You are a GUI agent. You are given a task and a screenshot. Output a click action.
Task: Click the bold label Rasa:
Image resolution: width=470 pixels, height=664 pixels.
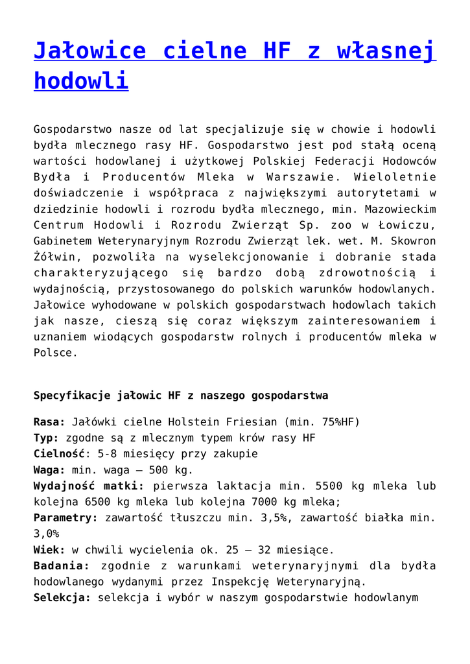(x=49, y=421)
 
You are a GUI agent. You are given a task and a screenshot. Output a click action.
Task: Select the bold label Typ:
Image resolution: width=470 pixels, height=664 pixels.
(x=46, y=438)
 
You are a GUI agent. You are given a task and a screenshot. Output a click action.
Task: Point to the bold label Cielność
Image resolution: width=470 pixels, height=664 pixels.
(x=59, y=454)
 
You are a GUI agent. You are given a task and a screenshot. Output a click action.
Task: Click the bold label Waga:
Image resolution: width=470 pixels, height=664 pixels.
(x=49, y=469)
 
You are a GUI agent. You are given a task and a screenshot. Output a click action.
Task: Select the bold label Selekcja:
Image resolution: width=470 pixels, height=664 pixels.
(x=62, y=597)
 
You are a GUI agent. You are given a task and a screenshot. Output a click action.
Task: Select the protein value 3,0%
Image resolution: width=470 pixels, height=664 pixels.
(x=46, y=534)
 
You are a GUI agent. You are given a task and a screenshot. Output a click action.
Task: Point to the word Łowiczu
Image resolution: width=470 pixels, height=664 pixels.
(x=410, y=225)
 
